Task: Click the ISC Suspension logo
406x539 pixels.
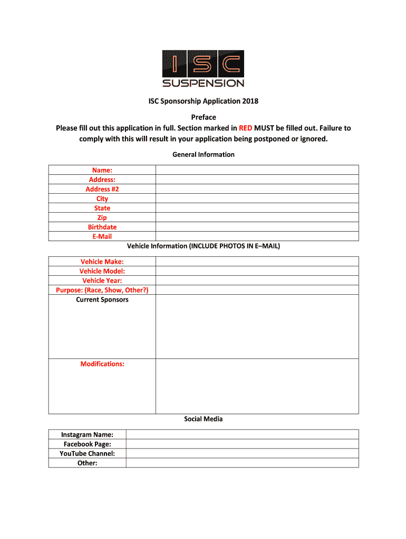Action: [203, 68]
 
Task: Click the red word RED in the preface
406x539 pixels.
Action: [245, 128]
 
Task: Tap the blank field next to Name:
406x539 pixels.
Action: [257, 169]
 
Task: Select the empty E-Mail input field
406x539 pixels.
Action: [257, 236]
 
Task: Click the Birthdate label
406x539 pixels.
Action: [102, 227]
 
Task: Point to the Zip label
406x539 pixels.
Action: [102, 217]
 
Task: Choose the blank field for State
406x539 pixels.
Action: [257, 208]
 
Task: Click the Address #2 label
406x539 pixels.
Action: [102, 189]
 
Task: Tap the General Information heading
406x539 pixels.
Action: [204, 154]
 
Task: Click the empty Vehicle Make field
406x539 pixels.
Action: [257, 262]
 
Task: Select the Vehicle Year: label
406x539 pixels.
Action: [102, 281]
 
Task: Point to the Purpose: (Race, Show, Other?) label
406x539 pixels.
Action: [102, 290]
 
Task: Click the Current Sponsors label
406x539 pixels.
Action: [102, 300]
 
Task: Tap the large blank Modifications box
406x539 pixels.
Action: [257, 386]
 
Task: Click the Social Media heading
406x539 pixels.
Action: [204, 419]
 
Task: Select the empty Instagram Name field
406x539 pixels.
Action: [242, 434]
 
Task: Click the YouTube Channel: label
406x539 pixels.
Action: [88, 453]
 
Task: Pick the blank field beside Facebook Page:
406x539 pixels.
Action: [242, 444]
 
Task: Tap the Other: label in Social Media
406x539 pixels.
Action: [88, 463]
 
